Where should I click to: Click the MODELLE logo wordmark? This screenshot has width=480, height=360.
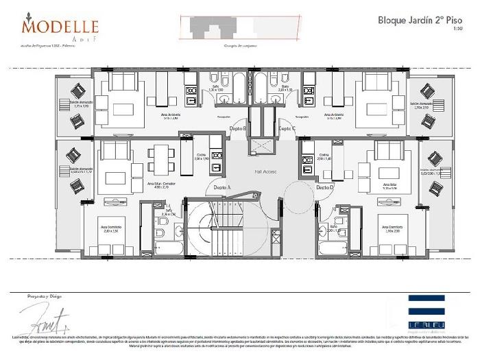[60, 27]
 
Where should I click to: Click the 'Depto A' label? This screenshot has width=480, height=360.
[222, 187]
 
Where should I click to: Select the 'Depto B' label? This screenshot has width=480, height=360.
[238, 128]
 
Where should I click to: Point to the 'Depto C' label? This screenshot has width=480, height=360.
[287, 128]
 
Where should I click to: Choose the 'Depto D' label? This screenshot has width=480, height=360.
[325, 187]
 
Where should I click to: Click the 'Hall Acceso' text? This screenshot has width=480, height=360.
[265, 171]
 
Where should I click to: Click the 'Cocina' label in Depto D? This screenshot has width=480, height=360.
[324, 156]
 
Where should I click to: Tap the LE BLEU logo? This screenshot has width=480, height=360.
[427, 309]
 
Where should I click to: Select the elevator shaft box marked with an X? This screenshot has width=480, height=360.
[263, 145]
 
